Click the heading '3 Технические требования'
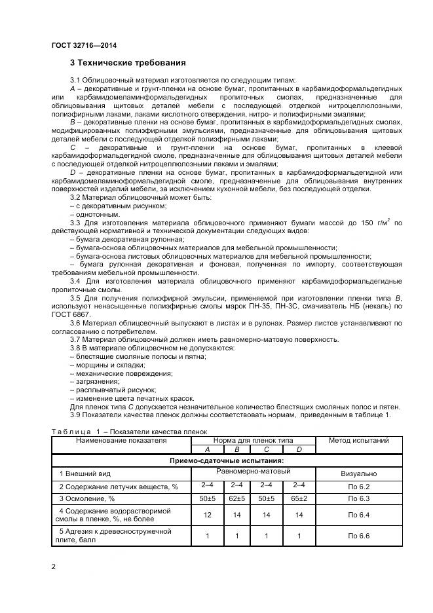click(128, 64)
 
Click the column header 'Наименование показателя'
click(121, 441)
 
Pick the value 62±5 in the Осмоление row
click(237, 499)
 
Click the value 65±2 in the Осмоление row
click(299, 499)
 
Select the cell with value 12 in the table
click(207, 515)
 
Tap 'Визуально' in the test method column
click(358, 472)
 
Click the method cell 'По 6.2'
click(358, 487)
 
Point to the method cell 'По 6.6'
click(358, 536)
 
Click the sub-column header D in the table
click(299, 450)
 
